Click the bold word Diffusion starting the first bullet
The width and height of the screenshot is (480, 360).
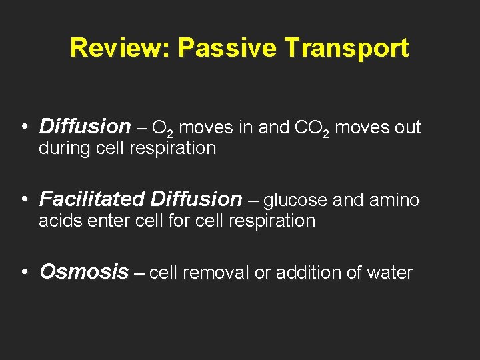85,126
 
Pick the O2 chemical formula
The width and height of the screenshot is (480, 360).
163,127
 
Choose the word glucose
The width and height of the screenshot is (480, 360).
295,199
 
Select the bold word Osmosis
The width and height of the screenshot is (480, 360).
84,272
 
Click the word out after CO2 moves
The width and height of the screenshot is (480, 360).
408,127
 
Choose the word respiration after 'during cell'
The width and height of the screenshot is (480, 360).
175,148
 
